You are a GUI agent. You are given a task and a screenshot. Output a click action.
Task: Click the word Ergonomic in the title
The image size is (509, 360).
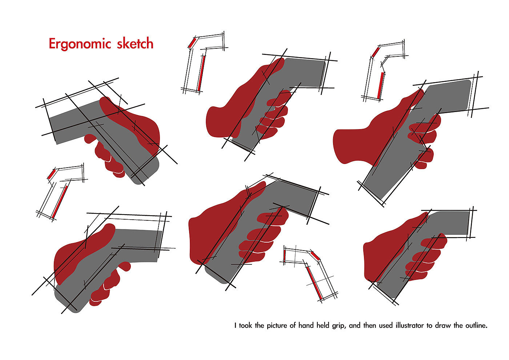coord(80,44)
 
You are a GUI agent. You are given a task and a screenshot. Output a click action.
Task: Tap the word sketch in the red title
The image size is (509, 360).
coord(135,43)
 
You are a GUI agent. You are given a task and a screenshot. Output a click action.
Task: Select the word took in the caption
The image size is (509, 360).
coord(245,325)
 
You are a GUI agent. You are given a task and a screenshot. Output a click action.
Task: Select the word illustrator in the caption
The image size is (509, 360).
coord(410,325)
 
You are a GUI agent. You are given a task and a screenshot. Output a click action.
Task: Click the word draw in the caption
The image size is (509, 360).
coord(443,325)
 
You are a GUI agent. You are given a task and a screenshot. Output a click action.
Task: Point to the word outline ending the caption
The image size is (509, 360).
coord(476,325)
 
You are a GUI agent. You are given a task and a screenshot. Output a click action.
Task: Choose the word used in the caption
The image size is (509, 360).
coord(386,325)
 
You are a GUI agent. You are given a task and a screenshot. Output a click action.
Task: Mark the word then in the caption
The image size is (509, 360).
coord(369,325)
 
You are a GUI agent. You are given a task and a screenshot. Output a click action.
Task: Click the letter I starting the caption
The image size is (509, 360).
coord(236,325)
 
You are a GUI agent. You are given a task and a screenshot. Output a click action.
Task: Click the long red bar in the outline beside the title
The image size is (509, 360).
coord(201,73)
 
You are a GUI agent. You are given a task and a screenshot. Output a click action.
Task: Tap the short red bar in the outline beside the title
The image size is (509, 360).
coord(192,43)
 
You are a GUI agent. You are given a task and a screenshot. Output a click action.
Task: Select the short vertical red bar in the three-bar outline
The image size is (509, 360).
coord(284,255)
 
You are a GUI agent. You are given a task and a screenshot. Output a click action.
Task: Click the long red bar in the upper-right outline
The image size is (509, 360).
coord(380,85)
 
